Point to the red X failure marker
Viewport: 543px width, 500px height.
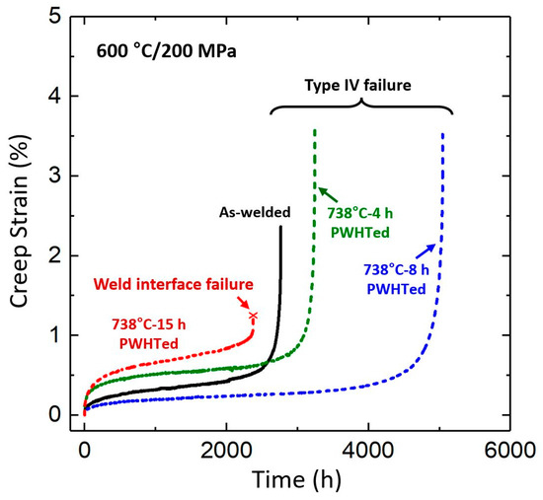253,316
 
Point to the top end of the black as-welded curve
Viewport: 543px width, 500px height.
280,228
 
